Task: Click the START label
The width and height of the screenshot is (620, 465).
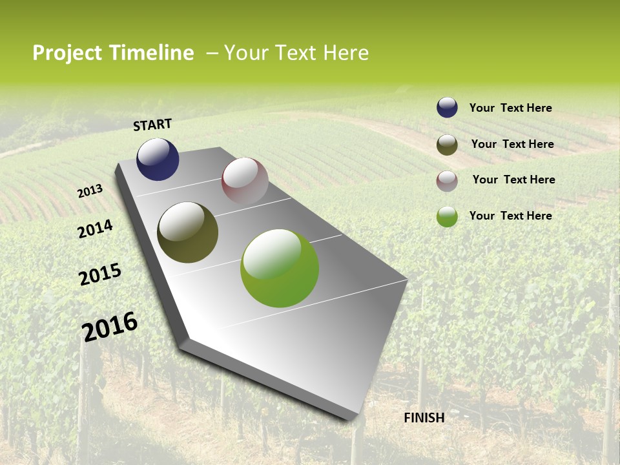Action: pos(152,125)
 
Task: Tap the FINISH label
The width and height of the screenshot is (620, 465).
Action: pos(424,418)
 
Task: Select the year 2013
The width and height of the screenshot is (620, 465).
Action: pos(90,191)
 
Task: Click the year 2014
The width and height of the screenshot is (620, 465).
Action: pos(95,229)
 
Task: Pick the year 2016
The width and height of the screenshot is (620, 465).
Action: pos(110,327)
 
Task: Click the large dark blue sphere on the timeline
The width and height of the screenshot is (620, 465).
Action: pos(158,159)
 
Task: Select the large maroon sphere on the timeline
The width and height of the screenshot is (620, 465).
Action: pos(245,181)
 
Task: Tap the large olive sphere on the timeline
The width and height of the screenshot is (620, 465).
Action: pos(187,232)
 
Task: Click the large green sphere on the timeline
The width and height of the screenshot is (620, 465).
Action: pos(279,268)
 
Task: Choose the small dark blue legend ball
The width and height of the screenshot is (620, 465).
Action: pos(447,107)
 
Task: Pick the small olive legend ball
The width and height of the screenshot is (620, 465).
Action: pos(447,145)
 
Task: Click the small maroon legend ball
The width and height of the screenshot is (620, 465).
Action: pos(447,180)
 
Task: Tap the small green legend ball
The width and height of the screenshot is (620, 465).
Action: pos(447,216)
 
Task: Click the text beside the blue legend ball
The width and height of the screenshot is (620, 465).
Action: pos(510,108)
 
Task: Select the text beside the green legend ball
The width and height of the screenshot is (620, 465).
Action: pos(510,216)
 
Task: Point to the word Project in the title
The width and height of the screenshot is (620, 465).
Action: pos(68,53)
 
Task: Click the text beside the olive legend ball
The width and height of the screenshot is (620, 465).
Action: pos(512,144)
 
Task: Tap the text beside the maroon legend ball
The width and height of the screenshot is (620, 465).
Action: pos(513,180)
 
